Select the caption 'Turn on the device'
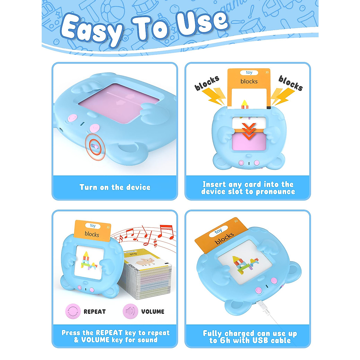click(115, 187)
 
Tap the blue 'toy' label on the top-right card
click(249, 73)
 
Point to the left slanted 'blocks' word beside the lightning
click(207, 83)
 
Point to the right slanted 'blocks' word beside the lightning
click(290, 83)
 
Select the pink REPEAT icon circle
click(73, 311)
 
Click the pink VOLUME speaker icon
click(130, 311)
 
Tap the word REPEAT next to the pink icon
click(94, 312)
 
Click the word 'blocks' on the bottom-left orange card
click(92, 234)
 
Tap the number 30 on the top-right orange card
click(267, 72)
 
